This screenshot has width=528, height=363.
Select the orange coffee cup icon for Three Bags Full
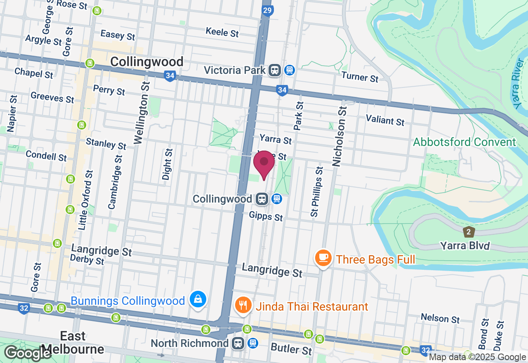pyautogui.click(x=323, y=258)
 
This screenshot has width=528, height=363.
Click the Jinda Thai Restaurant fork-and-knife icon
pyautogui.click(x=243, y=305)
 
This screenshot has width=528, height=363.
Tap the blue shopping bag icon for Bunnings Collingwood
pyautogui.click(x=198, y=299)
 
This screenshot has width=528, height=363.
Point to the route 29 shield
pyautogui.click(x=267, y=10)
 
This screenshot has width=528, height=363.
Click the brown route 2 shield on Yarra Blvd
pyautogui.click(x=469, y=231)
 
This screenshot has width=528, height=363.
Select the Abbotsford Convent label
pyautogui.click(x=464, y=142)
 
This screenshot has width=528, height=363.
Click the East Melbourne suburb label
pyautogui.click(x=73, y=343)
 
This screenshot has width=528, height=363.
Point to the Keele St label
pyautogui.click(x=222, y=32)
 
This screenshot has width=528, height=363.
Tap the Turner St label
pyautogui.click(x=360, y=77)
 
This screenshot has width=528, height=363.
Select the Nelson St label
pyautogui.click(x=440, y=318)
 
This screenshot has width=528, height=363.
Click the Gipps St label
pyautogui.click(x=266, y=216)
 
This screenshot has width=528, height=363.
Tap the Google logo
pyautogui.click(x=28, y=353)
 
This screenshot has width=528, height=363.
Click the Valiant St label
pyautogui.click(x=385, y=120)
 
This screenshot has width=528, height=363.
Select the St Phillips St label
pyautogui.click(x=316, y=192)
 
